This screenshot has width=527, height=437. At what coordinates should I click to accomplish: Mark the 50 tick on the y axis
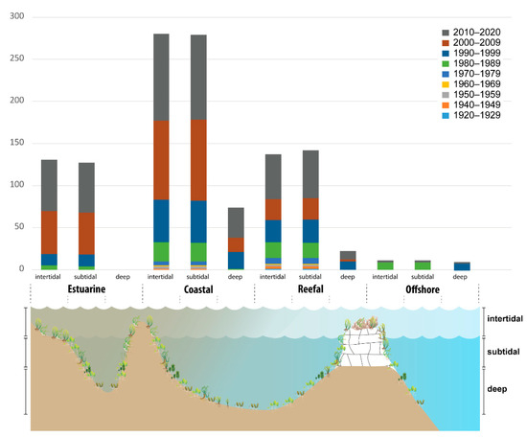point(22,227)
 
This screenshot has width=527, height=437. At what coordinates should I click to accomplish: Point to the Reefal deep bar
point(348,260)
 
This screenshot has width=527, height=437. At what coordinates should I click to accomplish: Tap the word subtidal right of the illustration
point(504,352)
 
